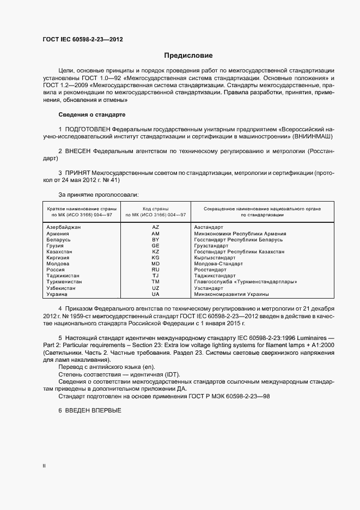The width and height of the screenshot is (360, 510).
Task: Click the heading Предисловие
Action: tap(188, 56)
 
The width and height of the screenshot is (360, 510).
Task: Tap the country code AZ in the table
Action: tap(155, 227)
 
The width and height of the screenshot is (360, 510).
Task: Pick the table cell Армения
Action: tap(58, 233)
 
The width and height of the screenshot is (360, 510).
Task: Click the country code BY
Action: tap(155, 240)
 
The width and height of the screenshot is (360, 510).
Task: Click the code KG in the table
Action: tap(155, 258)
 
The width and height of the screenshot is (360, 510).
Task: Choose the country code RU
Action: tap(155, 270)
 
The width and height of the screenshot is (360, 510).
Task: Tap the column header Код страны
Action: tap(155, 209)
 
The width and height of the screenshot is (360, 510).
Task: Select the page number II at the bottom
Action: tap(44, 466)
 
